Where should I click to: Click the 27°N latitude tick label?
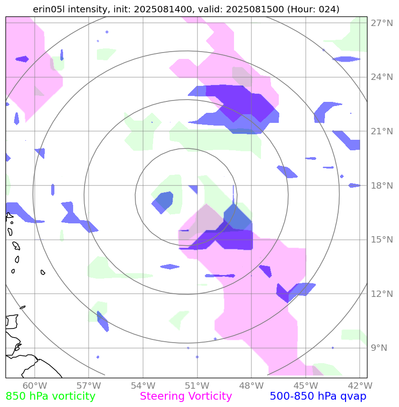click(x=381, y=23)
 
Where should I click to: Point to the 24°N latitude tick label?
click(x=381, y=77)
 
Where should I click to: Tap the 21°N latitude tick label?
click(x=381, y=132)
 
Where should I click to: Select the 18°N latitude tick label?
click(x=381, y=185)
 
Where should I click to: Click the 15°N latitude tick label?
click(x=381, y=240)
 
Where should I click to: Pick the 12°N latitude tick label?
click(x=381, y=294)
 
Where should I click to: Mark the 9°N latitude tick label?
click(x=378, y=348)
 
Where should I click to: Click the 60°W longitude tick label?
click(x=35, y=386)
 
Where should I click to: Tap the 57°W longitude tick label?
click(x=89, y=386)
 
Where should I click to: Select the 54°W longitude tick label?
click(x=143, y=386)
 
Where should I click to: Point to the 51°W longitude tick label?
click(x=197, y=386)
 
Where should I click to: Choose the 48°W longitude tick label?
click(x=251, y=386)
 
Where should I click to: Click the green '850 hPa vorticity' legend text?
click(x=50, y=396)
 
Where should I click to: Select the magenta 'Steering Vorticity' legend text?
click(x=186, y=396)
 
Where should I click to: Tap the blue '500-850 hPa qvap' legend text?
click(x=318, y=396)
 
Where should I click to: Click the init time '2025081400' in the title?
click(x=157, y=9)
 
